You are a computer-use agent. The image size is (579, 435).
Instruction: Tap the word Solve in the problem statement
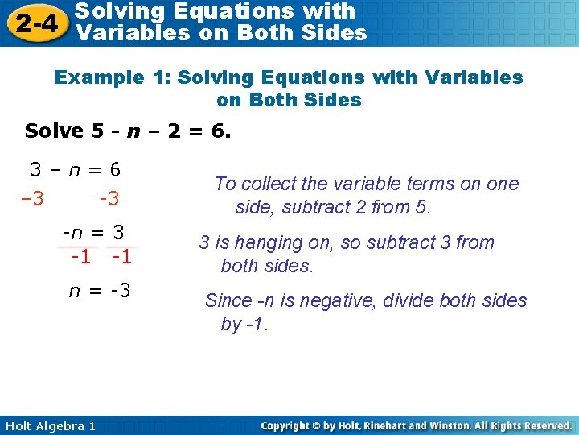pyautogui.click(x=54, y=131)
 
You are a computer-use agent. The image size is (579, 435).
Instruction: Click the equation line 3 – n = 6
pyautogui.click(x=76, y=170)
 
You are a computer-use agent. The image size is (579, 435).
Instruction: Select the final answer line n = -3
pyautogui.click(x=100, y=290)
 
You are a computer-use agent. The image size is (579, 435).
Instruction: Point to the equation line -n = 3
pyautogui.click(x=94, y=234)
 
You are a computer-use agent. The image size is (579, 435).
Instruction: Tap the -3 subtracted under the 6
pyautogui.click(x=109, y=198)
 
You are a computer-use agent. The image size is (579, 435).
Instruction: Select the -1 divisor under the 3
pyautogui.click(x=122, y=258)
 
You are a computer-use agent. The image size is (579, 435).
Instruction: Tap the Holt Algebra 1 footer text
pyautogui.click(x=48, y=425)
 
